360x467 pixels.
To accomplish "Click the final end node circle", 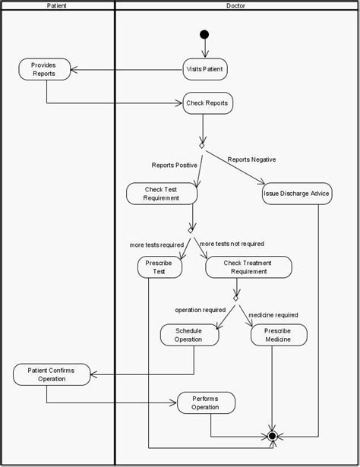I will (x=273, y=437).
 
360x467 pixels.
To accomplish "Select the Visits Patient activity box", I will (x=205, y=69).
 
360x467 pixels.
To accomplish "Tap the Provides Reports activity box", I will (x=43, y=69).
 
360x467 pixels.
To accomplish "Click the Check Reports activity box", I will (x=207, y=103).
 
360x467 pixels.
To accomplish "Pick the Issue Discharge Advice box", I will (x=296, y=194).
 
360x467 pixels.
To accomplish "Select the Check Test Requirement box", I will (x=161, y=194).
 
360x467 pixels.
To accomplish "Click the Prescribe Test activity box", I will (x=160, y=267).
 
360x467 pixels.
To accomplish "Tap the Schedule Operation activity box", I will (x=188, y=335).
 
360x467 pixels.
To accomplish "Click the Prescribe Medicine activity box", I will (x=278, y=335).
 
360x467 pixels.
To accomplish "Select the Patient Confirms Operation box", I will (x=51, y=374).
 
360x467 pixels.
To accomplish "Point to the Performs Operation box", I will (x=205, y=402).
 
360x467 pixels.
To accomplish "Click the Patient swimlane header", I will (x=56, y=5).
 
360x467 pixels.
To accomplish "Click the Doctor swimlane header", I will (x=235, y=5).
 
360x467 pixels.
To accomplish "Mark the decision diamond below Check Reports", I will (x=202, y=144).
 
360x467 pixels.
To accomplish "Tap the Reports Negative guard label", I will (x=251, y=159).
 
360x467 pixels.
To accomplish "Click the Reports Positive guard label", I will (x=174, y=165).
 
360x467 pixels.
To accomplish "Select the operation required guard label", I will (x=200, y=310).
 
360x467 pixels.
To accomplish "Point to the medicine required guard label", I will (x=273, y=314).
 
